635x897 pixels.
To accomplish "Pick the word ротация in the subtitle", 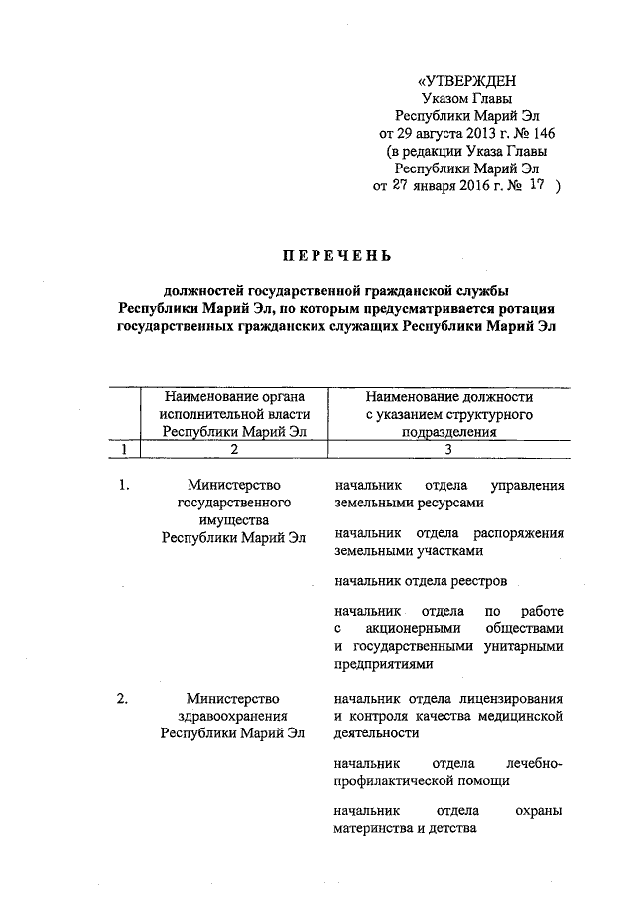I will click(x=520, y=308).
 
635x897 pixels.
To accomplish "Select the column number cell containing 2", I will click(x=235, y=450).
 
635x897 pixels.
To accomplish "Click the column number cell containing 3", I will click(x=448, y=450).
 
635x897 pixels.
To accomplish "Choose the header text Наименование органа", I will click(x=235, y=396).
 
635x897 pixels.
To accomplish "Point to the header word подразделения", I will click(x=449, y=432).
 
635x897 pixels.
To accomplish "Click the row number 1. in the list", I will click(x=123, y=486).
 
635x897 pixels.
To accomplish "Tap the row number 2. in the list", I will click(x=123, y=700).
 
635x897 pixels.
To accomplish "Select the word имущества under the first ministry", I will click(x=234, y=520).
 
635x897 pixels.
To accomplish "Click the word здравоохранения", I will click(x=235, y=718).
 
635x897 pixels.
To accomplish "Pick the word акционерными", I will click(x=410, y=628).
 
